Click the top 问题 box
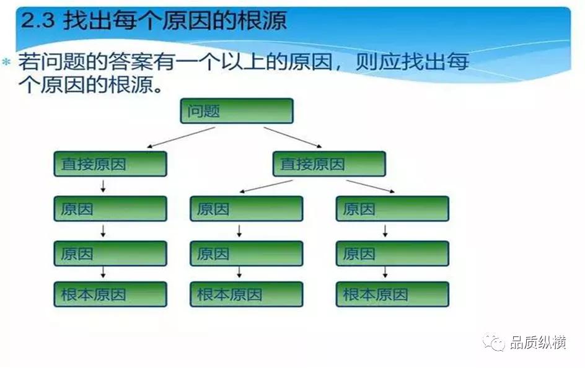tap(237, 112)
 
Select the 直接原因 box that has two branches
tap(328, 164)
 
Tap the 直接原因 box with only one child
tap(110, 164)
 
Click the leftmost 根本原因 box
tap(110, 294)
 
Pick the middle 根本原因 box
tap(246, 294)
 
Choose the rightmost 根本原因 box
tap(392, 294)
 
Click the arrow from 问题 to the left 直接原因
tap(181, 138)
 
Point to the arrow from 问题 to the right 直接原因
tap(292, 138)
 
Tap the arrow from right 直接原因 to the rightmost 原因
tap(370, 186)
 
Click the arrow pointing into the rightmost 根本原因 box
tap(385, 273)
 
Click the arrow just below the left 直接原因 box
tap(103, 186)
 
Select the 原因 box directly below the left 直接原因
tap(110, 209)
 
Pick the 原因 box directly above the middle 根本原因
tap(246, 253)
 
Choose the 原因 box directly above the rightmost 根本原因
tap(392, 253)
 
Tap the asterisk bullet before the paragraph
tap(7, 63)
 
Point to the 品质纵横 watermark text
tap(538, 343)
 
